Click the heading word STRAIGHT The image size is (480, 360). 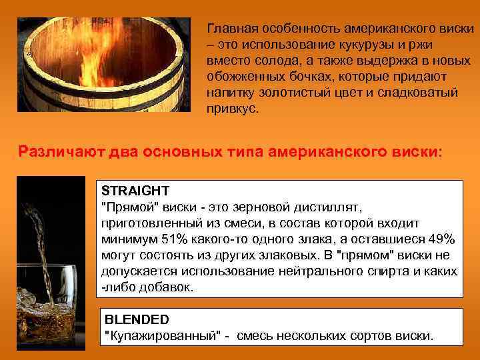[x=135, y=190]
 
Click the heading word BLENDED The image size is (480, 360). [x=138, y=319]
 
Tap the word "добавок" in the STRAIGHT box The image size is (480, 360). [x=166, y=288]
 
